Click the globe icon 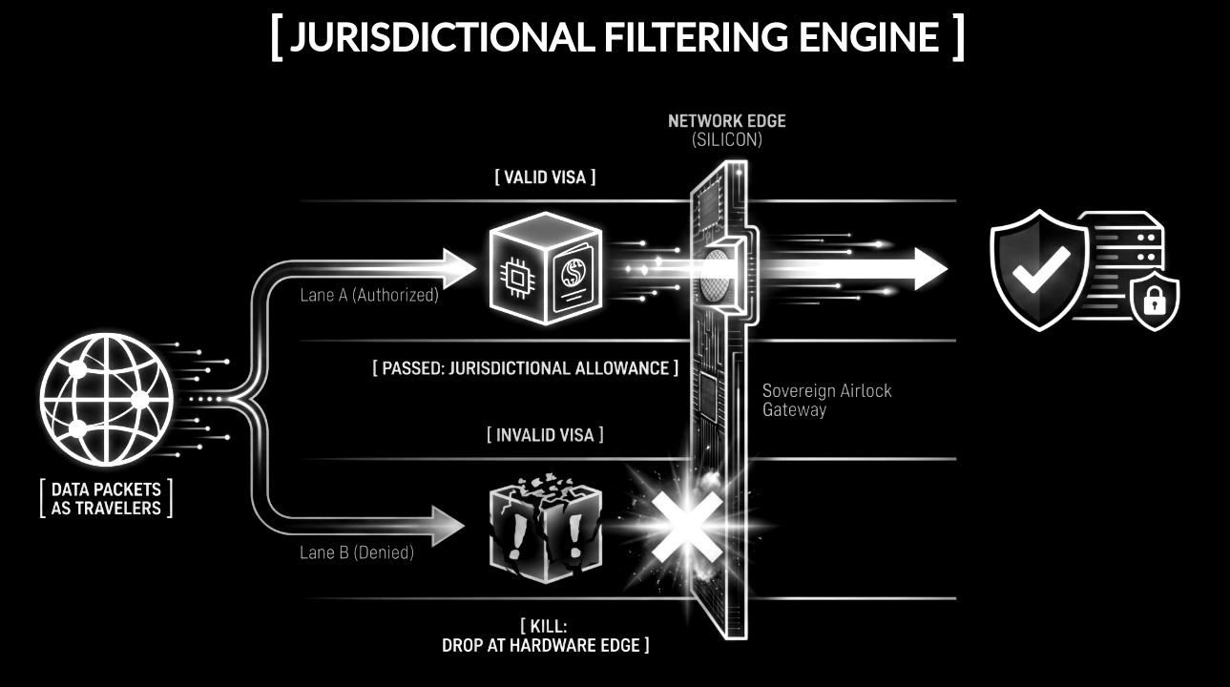pyautogui.click(x=107, y=399)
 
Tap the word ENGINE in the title pyautogui.click(x=868, y=37)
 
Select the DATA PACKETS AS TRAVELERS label pyautogui.click(x=106, y=499)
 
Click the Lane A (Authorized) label pyautogui.click(x=369, y=295)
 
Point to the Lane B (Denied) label pyautogui.click(x=356, y=552)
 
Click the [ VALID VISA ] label pyautogui.click(x=545, y=177)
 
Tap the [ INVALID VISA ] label pyautogui.click(x=545, y=435)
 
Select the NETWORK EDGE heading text pyautogui.click(x=726, y=121)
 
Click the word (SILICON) pyautogui.click(x=726, y=140)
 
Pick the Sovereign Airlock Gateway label pyautogui.click(x=826, y=400)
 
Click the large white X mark pyautogui.click(x=686, y=527)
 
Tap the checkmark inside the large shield pyautogui.click(x=1041, y=268)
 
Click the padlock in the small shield pyautogui.click(x=1154, y=301)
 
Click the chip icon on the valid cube pyautogui.click(x=516, y=278)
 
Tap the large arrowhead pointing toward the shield pyautogui.click(x=930, y=268)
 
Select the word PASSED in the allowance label pyautogui.click(x=413, y=368)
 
